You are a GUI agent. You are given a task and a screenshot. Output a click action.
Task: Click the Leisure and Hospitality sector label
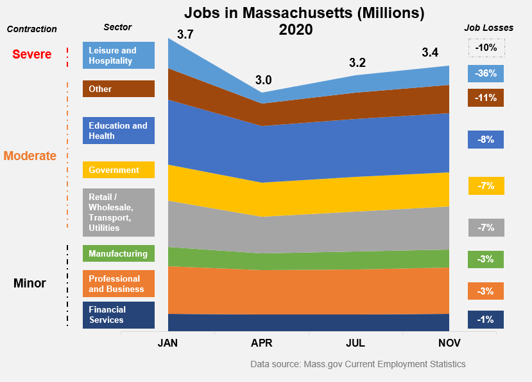click(119, 55)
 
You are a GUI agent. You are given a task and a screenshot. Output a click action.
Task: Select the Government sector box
click(119, 170)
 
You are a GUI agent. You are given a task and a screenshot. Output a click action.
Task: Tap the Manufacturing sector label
click(119, 253)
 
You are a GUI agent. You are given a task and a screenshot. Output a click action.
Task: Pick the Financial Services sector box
click(119, 315)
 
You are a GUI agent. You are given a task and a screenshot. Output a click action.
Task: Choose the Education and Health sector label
click(119, 131)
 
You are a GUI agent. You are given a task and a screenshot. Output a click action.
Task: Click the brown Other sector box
click(119, 89)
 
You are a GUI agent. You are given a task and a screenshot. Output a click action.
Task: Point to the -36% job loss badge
click(486, 73)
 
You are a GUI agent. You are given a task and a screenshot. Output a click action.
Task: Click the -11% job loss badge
click(486, 98)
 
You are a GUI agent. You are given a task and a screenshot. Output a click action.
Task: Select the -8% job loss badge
click(486, 139)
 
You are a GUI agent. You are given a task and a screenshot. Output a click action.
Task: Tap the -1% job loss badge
click(486, 319)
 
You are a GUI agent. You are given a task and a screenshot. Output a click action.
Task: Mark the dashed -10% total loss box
click(486, 48)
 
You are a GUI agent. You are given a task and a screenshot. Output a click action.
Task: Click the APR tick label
click(262, 343)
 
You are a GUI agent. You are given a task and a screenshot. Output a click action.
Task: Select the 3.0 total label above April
click(263, 80)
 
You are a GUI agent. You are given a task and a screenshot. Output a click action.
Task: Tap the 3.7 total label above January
click(185, 35)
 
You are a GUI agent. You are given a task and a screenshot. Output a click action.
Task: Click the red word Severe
click(32, 55)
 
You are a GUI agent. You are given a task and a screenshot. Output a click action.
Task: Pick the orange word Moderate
click(30, 156)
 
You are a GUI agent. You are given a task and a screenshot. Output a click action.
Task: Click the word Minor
click(30, 283)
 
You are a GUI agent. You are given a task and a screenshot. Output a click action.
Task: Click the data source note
click(358, 364)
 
